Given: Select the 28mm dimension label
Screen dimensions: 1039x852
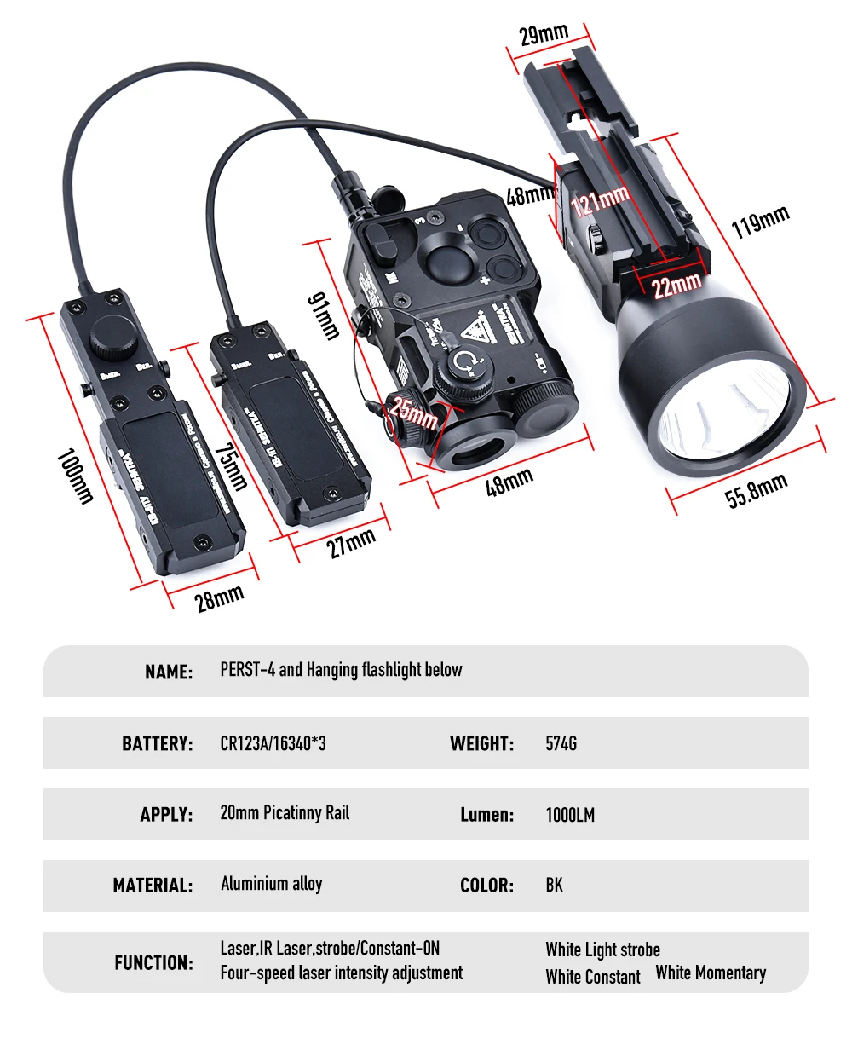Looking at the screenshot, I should click(x=219, y=598).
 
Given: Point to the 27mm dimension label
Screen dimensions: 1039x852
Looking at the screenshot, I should click(x=352, y=542).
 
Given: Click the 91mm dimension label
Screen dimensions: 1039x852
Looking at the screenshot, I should click(x=325, y=315).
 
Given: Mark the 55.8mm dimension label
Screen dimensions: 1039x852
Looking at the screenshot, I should click(x=757, y=492).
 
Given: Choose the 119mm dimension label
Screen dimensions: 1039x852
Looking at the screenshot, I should click(x=760, y=222).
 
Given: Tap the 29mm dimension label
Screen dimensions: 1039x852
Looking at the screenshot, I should click(x=544, y=35).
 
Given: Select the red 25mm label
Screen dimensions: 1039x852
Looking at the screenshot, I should click(x=415, y=414).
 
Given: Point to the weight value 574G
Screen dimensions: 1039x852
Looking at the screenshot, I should click(x=561, y=743).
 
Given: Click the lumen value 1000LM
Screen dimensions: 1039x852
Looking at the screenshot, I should click(x=570, y=815).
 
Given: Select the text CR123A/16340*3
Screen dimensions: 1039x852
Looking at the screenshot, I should click(x=273, y=743).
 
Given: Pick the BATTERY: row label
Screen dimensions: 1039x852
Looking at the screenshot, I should click(x=157, y=743).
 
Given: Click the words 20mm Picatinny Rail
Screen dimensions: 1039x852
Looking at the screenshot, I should click(x=285, y=813).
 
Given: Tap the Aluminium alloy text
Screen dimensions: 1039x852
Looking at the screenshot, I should click(x=271, y=884).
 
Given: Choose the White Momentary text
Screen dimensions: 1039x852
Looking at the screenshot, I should click(x=711, y=973).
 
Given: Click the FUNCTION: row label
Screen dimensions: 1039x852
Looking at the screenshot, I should click(x=153, y=963).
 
